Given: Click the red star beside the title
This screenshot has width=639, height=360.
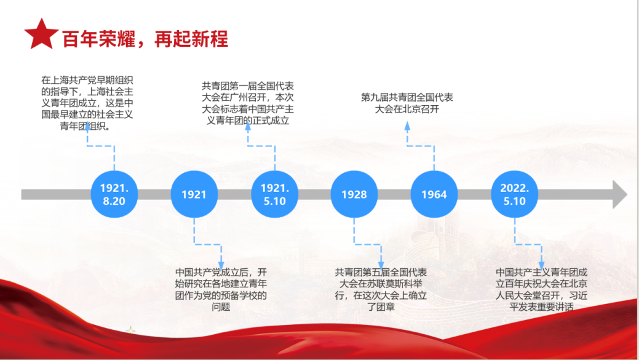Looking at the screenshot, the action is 41,34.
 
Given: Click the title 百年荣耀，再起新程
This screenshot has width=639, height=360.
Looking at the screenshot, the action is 145,39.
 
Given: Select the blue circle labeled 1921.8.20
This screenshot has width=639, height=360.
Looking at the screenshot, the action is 114,194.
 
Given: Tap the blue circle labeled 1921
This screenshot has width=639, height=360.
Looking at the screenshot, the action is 194,194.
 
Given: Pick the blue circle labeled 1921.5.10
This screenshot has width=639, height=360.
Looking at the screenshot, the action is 275,194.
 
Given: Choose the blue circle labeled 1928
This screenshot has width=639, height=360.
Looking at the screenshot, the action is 354,194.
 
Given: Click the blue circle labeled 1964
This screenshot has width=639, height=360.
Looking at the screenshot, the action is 434,194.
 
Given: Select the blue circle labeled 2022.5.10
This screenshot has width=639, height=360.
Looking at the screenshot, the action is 514,194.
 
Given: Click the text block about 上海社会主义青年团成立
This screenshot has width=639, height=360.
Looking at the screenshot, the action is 87,103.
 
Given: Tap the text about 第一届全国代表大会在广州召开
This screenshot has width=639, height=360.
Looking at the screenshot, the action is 248,103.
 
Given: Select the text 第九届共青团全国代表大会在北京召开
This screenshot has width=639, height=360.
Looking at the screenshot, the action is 407,103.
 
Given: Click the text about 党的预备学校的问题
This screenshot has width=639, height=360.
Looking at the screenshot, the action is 221,289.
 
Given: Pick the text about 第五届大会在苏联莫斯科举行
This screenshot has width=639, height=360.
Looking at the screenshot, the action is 381,289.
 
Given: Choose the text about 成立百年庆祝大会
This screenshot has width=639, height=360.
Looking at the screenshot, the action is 542,289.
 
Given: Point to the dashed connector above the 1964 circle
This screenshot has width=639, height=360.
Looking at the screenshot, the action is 421,146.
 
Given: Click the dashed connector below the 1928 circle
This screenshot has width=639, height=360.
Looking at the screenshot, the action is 368,245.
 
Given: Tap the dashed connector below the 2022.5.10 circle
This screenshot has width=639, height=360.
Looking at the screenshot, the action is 528,245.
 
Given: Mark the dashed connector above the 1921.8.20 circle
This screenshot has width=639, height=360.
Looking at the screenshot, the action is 101,146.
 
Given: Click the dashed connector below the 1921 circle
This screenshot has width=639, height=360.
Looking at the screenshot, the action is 207,245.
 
